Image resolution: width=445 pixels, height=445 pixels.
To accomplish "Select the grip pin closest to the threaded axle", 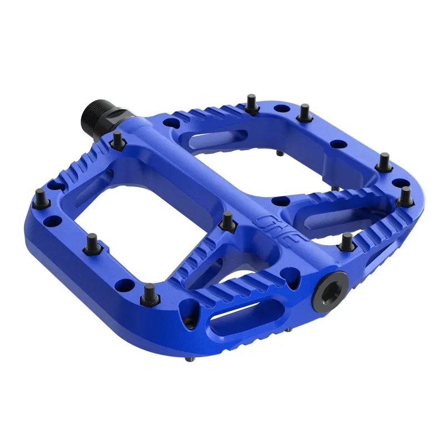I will [117, 139].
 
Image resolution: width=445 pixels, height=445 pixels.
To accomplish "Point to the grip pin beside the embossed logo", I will [226, 221].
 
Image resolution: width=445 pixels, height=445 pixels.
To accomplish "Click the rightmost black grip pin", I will [406, 196].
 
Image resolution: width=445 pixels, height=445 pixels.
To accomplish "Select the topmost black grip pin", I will [251, 103].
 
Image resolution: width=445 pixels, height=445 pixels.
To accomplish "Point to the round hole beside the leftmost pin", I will [53, 221].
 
